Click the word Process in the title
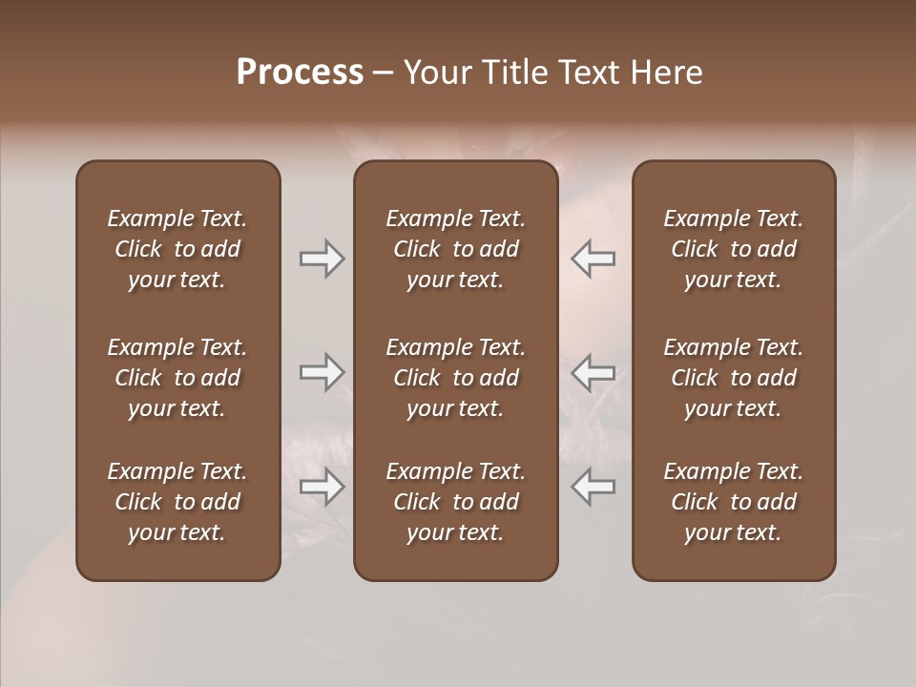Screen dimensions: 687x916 (300, 73)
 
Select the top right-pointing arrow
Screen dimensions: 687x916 (322, 259)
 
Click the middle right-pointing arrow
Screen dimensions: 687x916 (322, 372)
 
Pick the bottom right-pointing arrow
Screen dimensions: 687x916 (322, 487)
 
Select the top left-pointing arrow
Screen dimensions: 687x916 (593, 259)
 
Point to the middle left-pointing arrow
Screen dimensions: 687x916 (593, 372)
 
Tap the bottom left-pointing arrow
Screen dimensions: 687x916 (593, 487)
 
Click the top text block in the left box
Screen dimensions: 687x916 (177, 249)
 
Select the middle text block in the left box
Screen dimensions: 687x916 (177, 378)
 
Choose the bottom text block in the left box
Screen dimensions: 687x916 (177, 502)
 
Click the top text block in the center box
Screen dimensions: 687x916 (455, 249)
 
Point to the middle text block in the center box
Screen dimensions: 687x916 (455, 378)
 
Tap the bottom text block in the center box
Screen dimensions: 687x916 (455, 502)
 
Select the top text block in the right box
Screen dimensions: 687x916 (733, 249)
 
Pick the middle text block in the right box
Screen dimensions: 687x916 (733, 378)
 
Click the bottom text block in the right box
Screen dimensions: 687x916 (733, 502)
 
